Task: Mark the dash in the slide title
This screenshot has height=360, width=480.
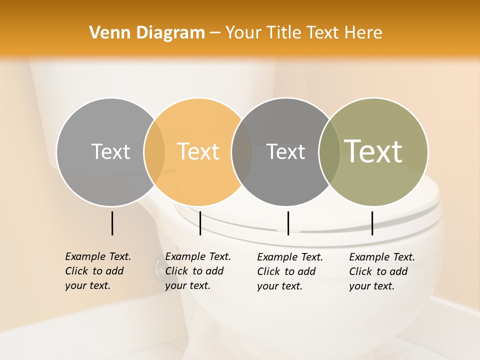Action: click(215, 33)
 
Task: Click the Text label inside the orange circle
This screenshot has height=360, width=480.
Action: click(198, 151)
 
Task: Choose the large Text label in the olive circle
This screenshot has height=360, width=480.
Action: click(373, 151)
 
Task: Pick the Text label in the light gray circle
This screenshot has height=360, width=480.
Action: click(110, 151)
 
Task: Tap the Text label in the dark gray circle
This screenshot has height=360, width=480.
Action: click(286, 151)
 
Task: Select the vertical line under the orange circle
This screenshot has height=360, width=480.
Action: click(200, 223)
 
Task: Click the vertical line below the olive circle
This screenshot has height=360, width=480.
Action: click(372, 223)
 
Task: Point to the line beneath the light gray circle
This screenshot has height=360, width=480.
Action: click(112, 223)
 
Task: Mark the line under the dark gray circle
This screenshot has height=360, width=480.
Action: click(288, 223)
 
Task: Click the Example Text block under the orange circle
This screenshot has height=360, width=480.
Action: click(197, 271)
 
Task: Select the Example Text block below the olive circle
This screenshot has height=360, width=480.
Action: click(381, 271)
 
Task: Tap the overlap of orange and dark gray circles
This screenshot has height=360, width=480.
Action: click(242, 152)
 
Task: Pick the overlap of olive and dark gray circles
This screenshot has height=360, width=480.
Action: click(329, 152)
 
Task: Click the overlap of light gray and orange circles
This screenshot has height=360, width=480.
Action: click(154, 152)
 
